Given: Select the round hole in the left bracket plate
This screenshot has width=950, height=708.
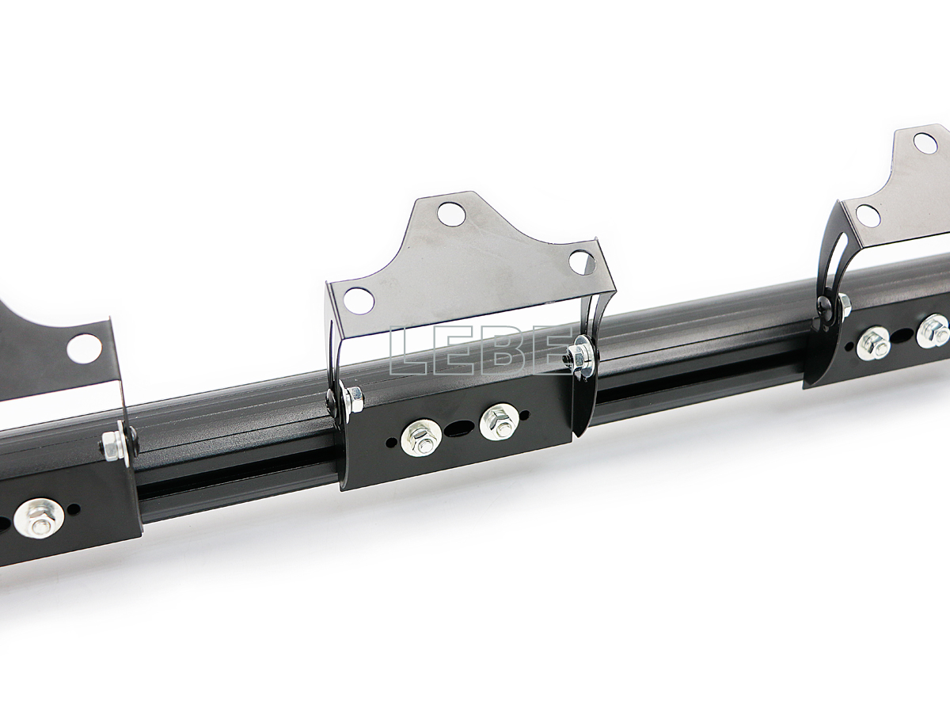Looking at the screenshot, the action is tap(84, 348).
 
